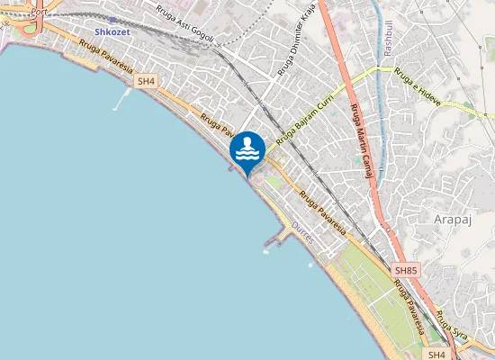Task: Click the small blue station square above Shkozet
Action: pyautogui.click(x=112, y=18)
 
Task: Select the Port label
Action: pyautogui.click(x=38, y=13)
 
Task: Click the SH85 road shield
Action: pyautogui.click(x=406, y=270)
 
